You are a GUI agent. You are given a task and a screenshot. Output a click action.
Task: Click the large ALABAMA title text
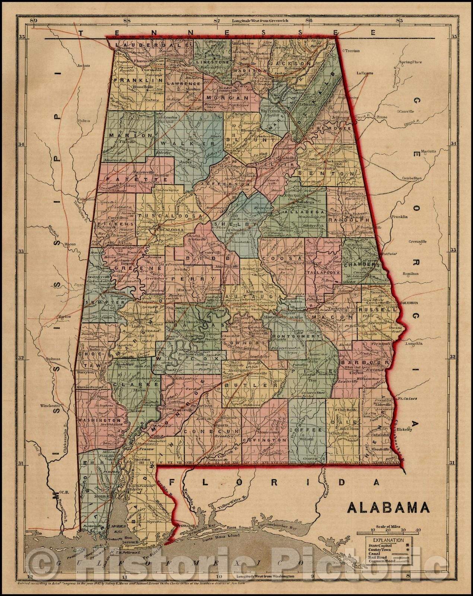[x=388, y=508]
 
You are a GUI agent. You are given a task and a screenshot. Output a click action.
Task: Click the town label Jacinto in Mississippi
[x=84, y=66]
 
